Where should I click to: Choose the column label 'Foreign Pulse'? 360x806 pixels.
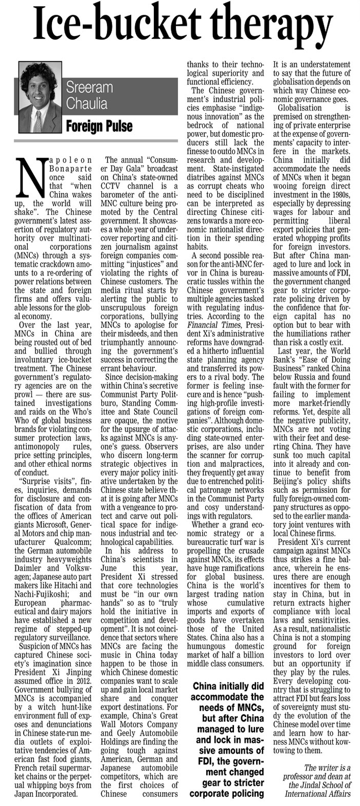point(98,126)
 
